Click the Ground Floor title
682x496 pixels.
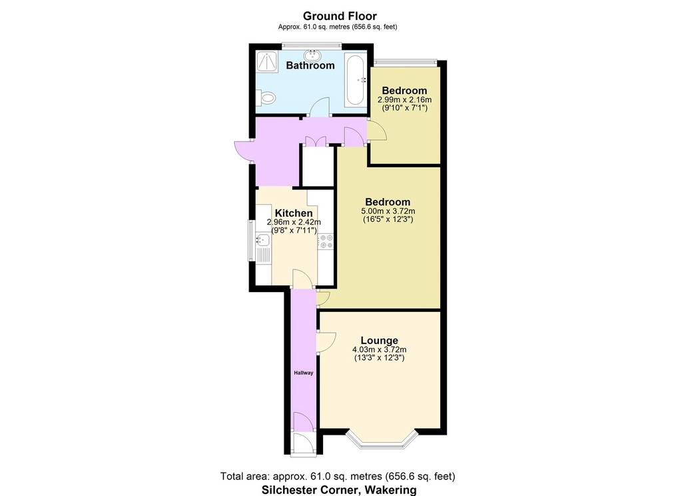tap(340, 16)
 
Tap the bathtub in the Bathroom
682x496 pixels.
tap(355, 80)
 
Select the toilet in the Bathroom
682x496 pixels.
tap(266, 97)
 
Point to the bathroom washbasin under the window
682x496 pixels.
tap(312, 55)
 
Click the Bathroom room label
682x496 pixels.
tap(310, 66)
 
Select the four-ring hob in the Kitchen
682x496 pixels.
tap(325, 242)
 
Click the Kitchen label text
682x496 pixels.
tap(294, 213)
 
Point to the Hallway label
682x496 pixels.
tap(303, 373)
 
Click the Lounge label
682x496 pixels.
tap(379, 341)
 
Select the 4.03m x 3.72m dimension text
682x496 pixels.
tap(379, 350)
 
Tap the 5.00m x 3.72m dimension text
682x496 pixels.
tap(388, 211)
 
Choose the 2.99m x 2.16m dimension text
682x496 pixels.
tap(404, 100)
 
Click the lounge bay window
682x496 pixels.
tap(382, 441)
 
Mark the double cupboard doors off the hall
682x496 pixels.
tap(315, 141)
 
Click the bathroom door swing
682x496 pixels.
tap(322, 107)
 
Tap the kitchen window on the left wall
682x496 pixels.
tap(251, 241)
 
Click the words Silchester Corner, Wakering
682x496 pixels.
tap(339, 490)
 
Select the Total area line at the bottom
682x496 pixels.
tap(338, 477)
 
